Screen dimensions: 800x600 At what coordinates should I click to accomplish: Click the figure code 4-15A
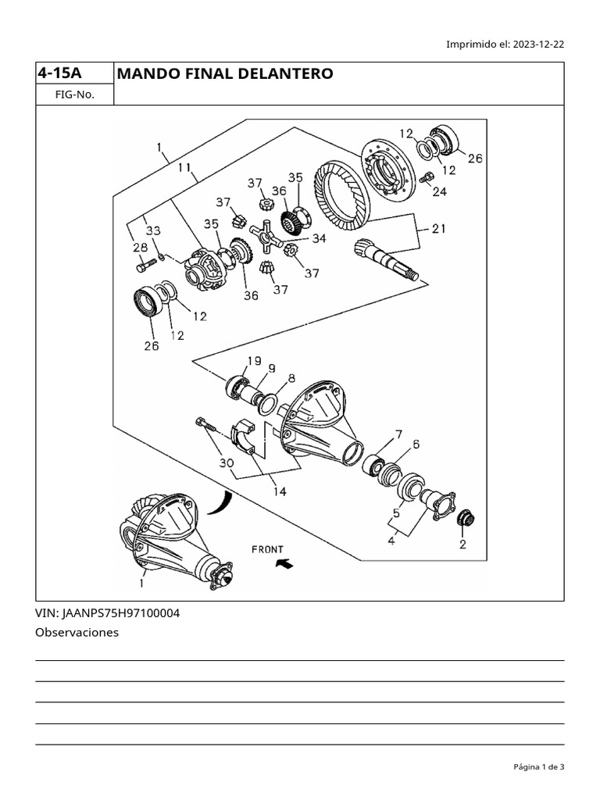59,73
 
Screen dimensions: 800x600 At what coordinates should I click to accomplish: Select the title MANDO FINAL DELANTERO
224,73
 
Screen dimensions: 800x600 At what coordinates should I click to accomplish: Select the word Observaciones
77,633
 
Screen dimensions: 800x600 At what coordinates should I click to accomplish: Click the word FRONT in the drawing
267,549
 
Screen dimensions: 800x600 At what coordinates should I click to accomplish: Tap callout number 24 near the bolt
439,191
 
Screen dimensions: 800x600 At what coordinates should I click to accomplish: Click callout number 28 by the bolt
140,248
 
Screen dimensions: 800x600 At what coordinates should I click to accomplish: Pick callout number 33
153,230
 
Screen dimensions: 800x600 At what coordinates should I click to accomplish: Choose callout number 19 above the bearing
254,361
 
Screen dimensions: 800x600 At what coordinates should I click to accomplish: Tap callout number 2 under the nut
462,545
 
